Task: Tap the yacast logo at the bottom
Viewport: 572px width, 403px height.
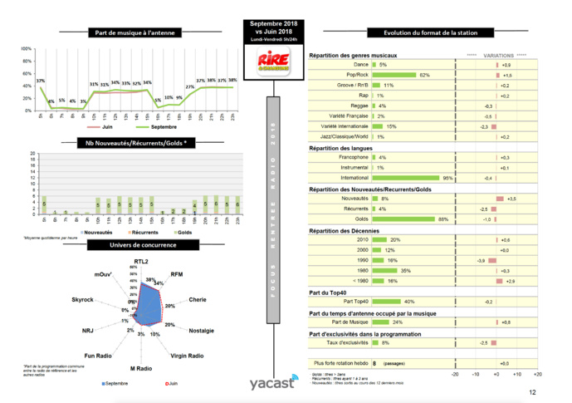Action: point(271,384)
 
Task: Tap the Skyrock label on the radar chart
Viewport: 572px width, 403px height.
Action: point(84,298)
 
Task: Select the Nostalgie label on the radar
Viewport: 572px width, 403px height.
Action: point(203,331)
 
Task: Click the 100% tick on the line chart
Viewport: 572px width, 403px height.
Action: point(26,50)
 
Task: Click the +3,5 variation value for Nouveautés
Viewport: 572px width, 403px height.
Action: point(512,199)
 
